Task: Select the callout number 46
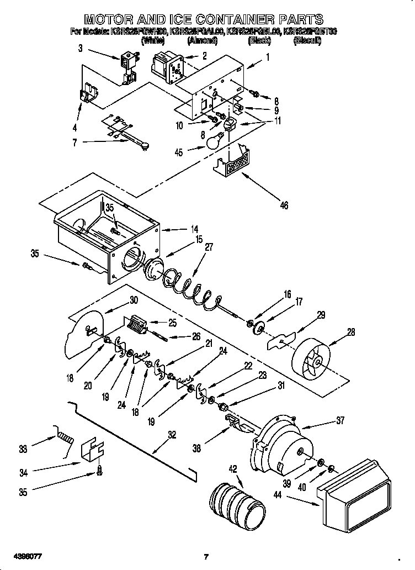coord(284,205)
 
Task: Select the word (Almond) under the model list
coord(203,41)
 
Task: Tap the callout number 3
coord(80,49)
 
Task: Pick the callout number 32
coord(172,435)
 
